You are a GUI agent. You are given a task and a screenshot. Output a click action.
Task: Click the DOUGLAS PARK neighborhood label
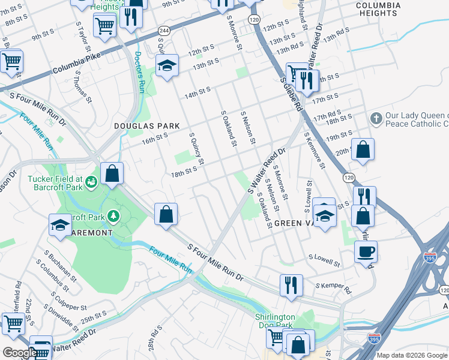pyautogui.click(x=147, y=126)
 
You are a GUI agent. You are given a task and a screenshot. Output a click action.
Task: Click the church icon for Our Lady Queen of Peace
pyautogui.click(x=376, y=116)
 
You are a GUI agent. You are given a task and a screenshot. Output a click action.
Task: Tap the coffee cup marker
pyautogui.click(x=366, y=252)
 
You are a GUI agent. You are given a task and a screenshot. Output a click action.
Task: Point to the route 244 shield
pyautogui.click(x=163, y=30)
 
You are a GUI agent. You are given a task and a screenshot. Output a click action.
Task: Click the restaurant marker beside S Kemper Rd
pyautogui.click(x=291, y=284)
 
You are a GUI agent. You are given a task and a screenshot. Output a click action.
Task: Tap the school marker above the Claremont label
pyautogui.click(x=61, y=224)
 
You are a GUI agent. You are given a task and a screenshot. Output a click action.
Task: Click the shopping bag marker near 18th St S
pyautogui.click(x=112, y=173)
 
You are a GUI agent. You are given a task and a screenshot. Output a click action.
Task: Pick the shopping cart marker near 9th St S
pyautogui.click(x=105, y=25)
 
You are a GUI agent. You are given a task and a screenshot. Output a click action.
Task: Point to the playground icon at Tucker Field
pyautogui.click(x=92, y=181)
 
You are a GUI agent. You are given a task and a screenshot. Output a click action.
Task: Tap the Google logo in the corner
pyautogui.click(x=19, y=353)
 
